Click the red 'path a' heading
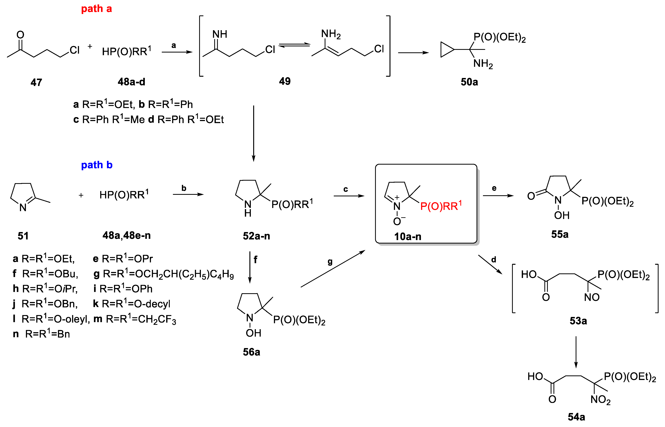pos(96,9)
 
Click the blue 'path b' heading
pos(97,165)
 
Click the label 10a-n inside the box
pos(408,236)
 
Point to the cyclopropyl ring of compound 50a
pos(447,50)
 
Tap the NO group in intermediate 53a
pos(592,297)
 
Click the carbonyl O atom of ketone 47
pos(20,35)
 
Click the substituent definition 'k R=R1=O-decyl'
pos(132,304)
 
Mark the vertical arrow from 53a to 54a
pos(576,352)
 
